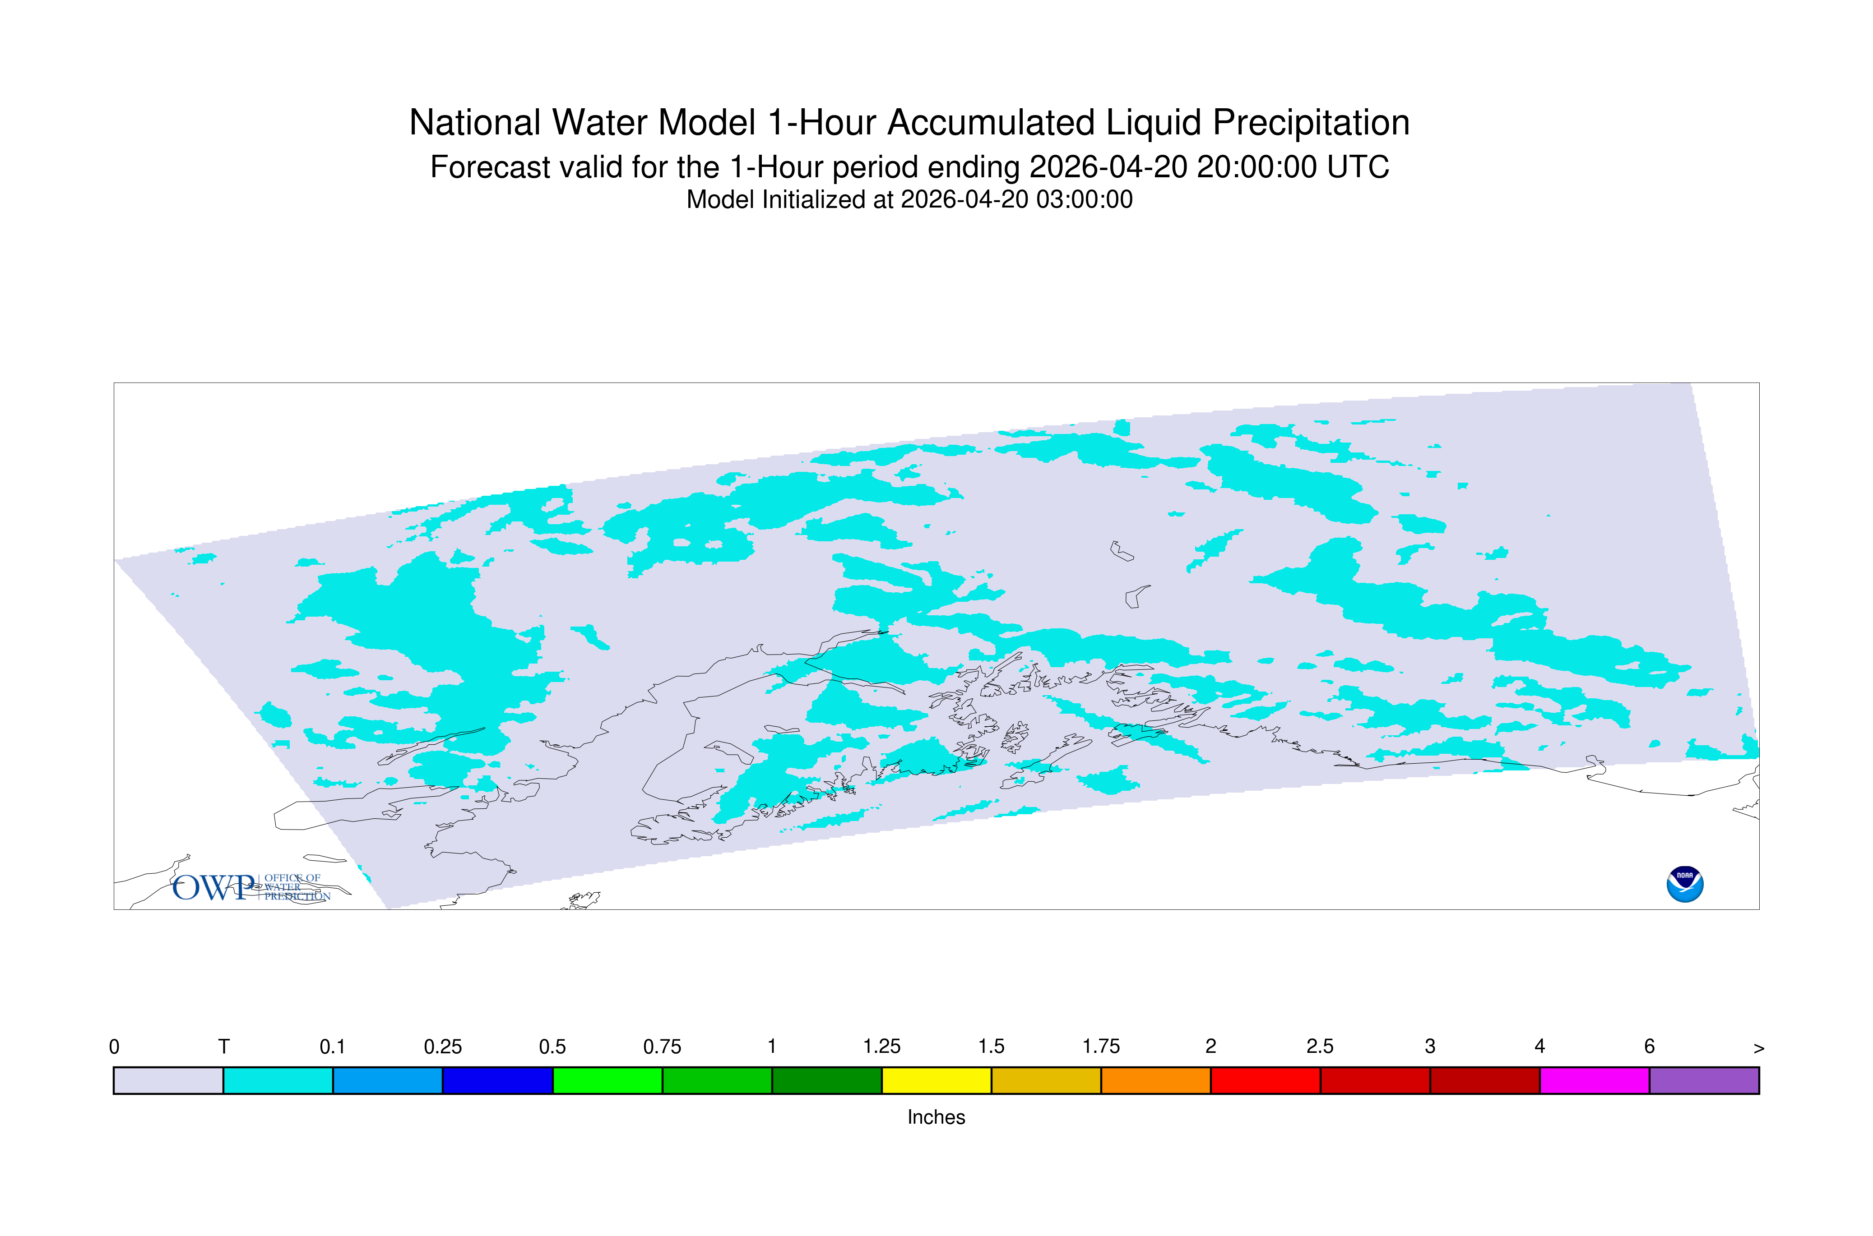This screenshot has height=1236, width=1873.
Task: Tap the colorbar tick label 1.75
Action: pos(1101,1047)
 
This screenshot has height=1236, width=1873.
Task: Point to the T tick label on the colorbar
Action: pos(224,1047)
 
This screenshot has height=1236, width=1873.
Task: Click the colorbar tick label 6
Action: pos(1649,1047)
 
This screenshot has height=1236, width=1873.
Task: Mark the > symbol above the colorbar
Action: pos(1759,1048)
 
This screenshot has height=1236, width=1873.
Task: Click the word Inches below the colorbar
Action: pos(936,1117)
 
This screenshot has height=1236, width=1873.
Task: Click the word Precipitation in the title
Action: pos(1311,124)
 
